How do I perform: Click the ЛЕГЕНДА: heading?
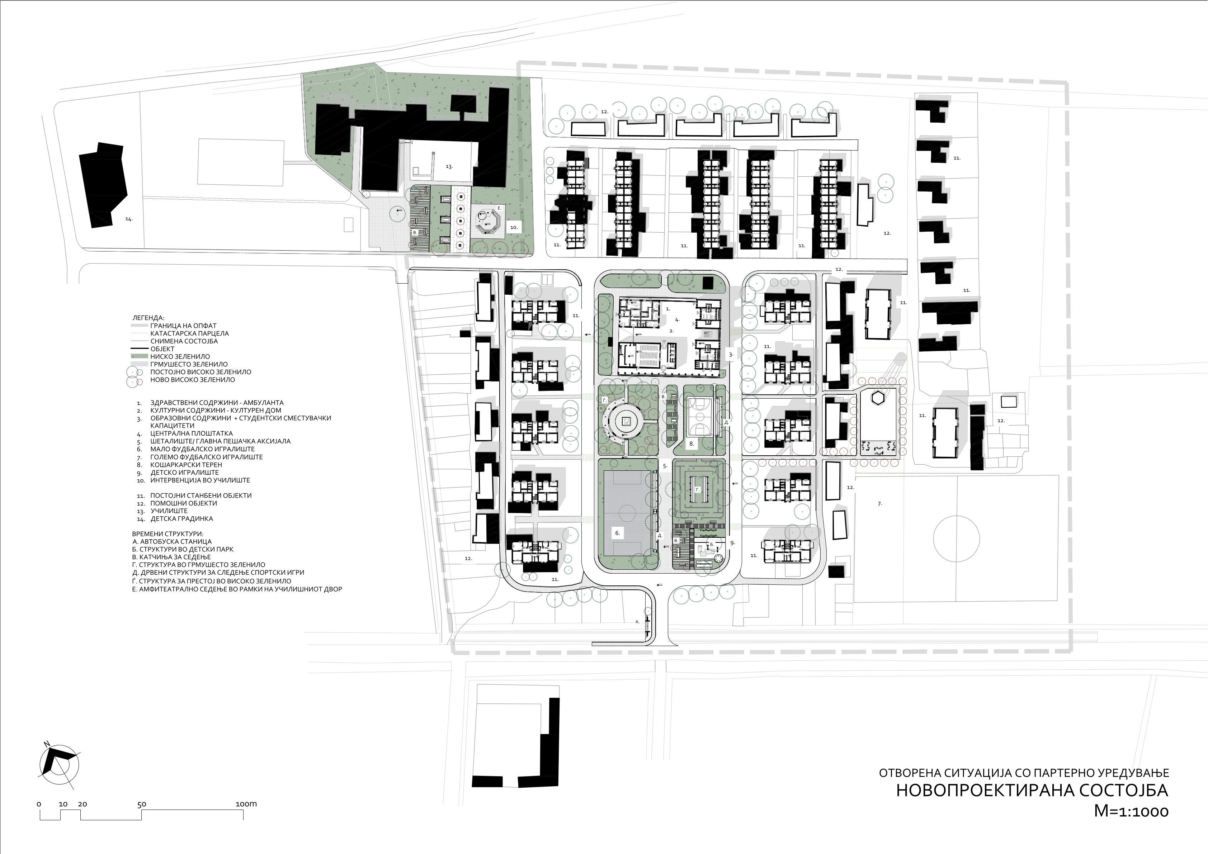point(148,318)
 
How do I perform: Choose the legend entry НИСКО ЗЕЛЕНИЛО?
point(180,356)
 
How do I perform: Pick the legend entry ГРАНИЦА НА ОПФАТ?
point(183,326)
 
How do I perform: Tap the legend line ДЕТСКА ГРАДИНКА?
point(181,518)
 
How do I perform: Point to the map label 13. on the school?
point(449,166)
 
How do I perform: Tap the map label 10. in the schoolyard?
point(514,228)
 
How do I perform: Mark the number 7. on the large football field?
point(880,504)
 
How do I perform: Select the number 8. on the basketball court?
point(692,443)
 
